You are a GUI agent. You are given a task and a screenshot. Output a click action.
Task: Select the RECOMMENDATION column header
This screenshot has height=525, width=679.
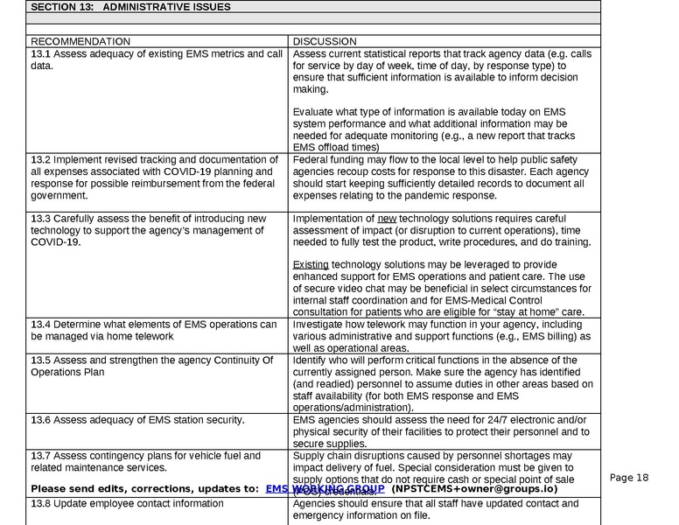click(80, 41)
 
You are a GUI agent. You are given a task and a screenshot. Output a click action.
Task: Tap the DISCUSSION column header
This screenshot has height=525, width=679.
click(325, 41)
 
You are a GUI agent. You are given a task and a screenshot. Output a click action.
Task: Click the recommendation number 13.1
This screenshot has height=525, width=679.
click(40, 54)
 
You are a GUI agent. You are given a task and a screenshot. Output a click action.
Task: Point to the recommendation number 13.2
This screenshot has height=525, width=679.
click(40, 160)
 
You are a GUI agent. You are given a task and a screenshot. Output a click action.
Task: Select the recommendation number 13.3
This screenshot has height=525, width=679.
click(40, 218)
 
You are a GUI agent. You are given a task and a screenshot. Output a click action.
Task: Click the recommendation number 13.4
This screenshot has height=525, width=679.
click(40, 325)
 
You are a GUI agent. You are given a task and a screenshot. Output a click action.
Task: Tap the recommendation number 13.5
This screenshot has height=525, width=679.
click(40, 360)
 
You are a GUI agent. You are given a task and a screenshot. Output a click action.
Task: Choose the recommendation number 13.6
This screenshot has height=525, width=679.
click(40, 420)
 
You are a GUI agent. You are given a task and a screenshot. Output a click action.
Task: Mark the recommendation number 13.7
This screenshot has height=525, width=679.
click(40, 456)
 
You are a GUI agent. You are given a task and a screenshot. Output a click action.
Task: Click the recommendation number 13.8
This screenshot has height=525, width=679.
click(40, 504)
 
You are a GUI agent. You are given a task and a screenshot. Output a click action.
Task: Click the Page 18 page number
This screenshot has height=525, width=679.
click(629, 478)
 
